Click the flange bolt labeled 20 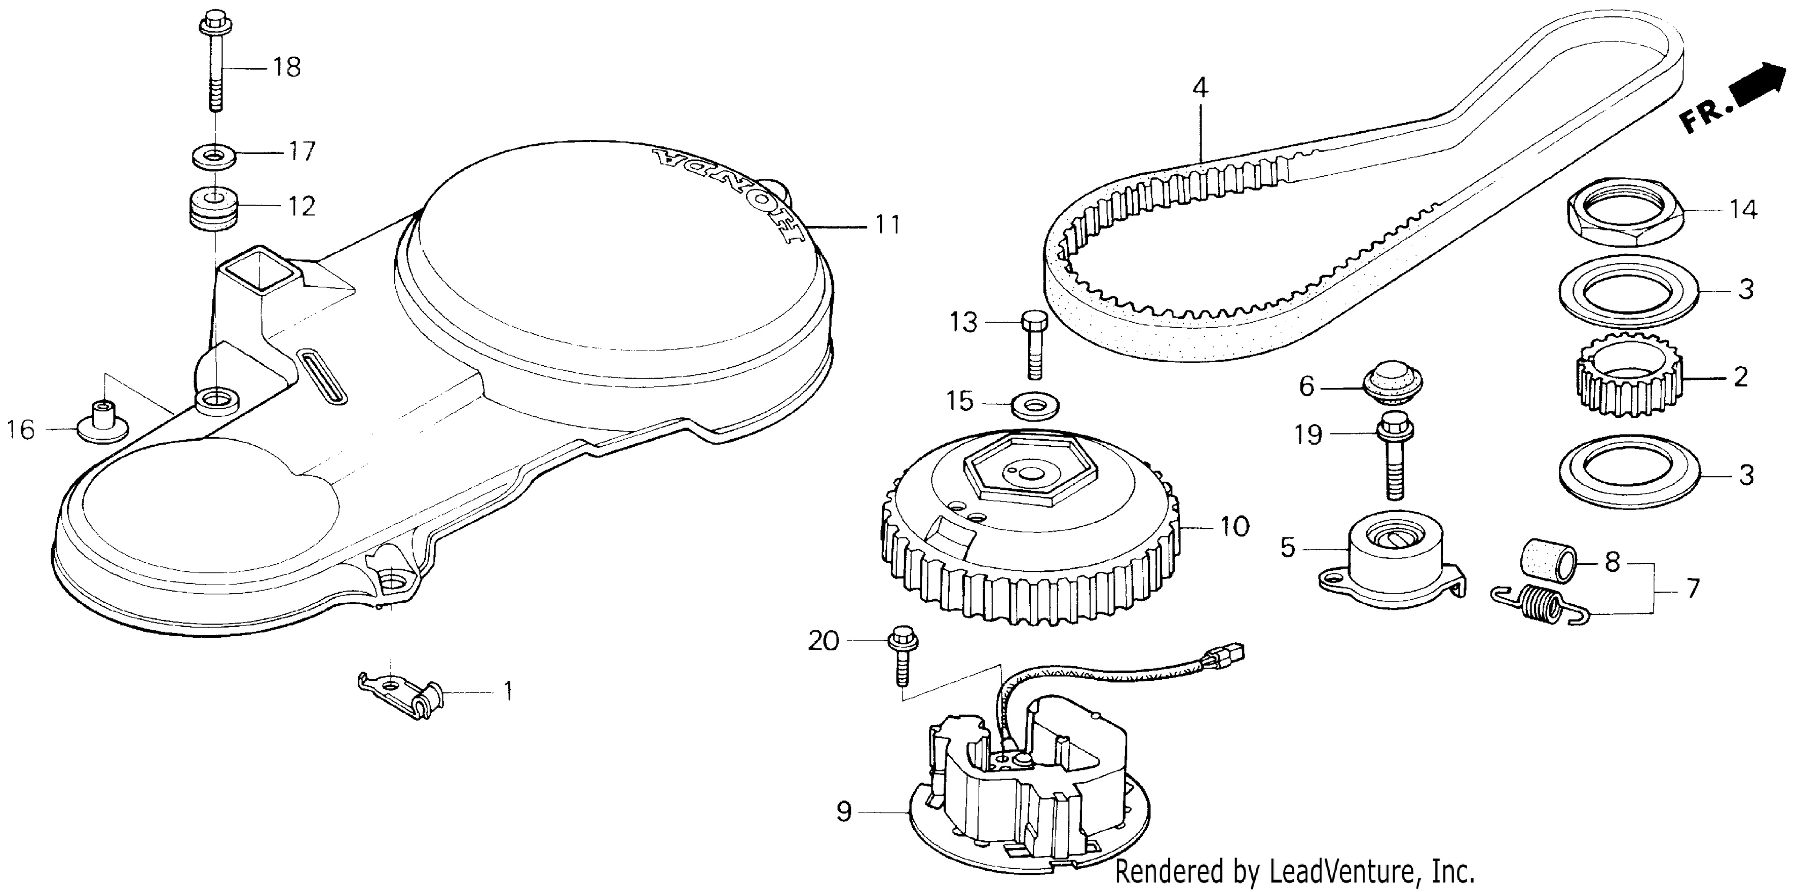point(903,657)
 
